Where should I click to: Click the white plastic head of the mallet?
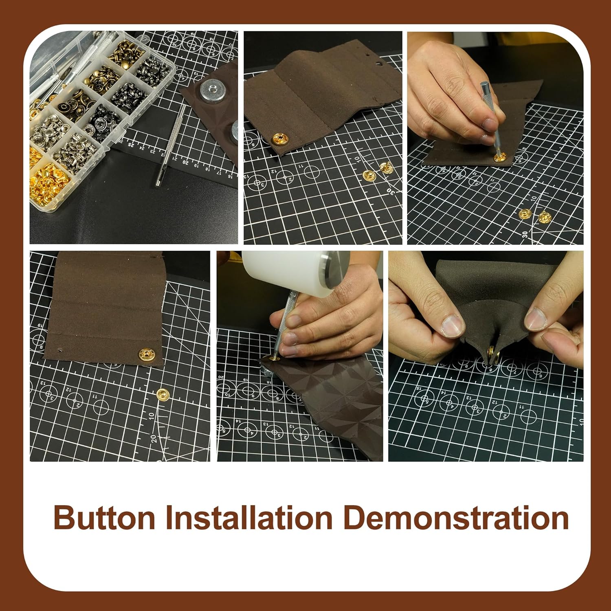[285, 271]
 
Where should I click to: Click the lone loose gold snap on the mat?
[163, 394]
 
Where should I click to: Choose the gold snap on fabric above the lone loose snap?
[146, 354]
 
